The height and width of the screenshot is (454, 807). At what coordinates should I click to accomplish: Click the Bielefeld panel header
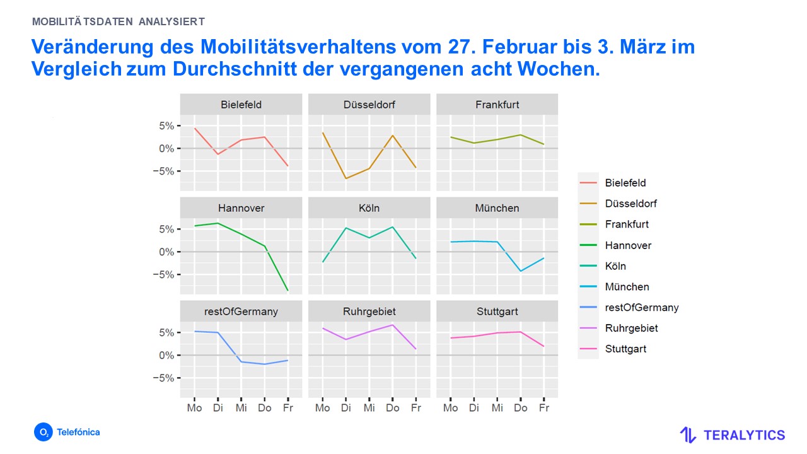pos(241,105)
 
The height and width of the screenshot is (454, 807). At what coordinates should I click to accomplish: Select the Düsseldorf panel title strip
pos(369,105)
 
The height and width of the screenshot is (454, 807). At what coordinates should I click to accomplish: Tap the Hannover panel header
pos(241,208)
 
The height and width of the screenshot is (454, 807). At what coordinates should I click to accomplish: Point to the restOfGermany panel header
pos(241,311)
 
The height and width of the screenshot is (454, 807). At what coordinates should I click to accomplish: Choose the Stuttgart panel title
pos(497,311)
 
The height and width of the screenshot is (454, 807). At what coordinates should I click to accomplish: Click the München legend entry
pos(627,287)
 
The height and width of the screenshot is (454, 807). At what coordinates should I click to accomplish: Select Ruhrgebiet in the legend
pos(631,329)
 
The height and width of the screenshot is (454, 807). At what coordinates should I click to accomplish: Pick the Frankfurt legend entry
pos(627,224)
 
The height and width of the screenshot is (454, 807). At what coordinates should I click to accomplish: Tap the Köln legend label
pos(615,266)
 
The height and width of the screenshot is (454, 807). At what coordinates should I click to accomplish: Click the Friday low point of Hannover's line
pos(288,291)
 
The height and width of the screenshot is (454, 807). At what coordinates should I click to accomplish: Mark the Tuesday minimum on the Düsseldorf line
pos(345,178)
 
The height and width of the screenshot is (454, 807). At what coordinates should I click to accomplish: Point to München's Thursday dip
pos(521,271)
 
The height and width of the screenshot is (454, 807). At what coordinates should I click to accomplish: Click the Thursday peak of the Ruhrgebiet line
pos(392,325)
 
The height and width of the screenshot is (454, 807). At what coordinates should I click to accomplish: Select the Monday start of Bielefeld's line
pos(195,128)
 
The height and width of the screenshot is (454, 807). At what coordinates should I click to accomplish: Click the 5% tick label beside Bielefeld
pos(166,126)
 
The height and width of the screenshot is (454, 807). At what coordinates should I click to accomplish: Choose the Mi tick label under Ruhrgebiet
pos(369,408)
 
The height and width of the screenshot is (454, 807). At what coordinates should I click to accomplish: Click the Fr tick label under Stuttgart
pos(544,408)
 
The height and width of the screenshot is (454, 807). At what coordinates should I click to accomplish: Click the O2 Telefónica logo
pos(67,433)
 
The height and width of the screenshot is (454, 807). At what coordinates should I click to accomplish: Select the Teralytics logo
pos(732,435)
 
